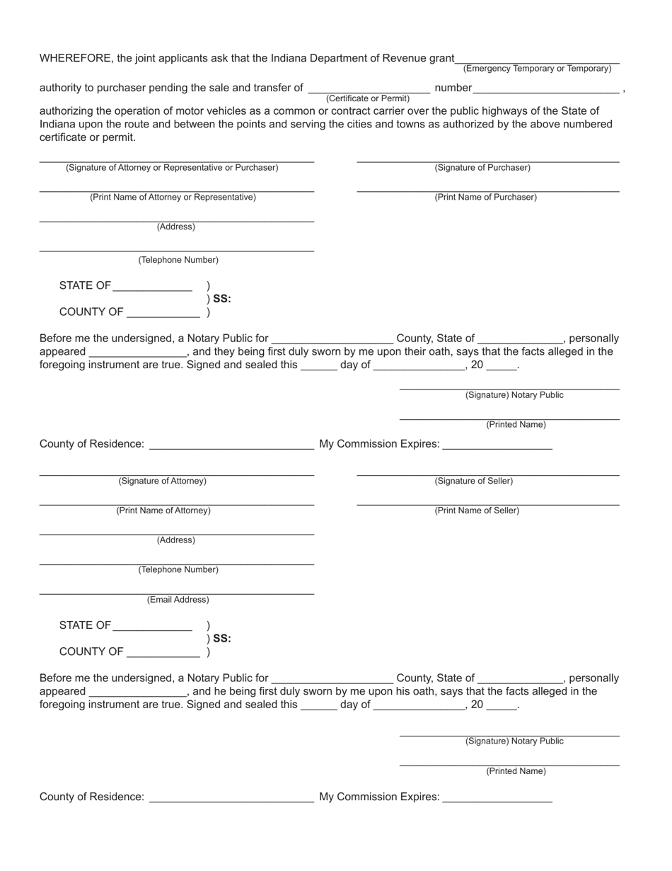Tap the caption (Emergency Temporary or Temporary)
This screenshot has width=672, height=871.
537,69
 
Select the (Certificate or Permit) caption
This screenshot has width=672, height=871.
368,98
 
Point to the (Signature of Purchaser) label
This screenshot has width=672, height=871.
482,168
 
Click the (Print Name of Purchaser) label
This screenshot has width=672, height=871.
485,198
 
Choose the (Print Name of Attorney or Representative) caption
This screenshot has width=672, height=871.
173,198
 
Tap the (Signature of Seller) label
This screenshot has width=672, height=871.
473,482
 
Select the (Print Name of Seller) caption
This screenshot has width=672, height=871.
477,511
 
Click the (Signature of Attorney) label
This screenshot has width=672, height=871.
163,482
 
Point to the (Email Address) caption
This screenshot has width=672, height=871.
178,600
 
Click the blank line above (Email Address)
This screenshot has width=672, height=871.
176,593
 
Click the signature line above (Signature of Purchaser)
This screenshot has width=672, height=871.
488,162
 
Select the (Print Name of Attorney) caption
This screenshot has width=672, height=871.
163,511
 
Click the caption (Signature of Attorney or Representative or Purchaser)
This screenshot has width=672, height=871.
172,168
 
